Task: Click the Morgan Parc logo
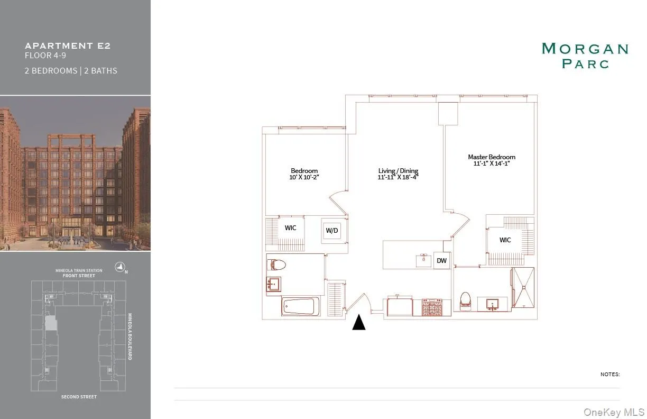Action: [x=585, y=56]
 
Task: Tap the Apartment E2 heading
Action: [x=68, y=45]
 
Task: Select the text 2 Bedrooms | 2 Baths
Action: [x=71, y=70]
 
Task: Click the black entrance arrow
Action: [x=359, y=322]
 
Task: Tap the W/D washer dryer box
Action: [x=331, y=230]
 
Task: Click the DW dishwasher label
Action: [x=442, y=261]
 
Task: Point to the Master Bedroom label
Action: [x=491, y=157]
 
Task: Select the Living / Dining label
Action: [x=398, y=171]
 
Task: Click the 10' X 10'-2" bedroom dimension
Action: [x=304, y=178]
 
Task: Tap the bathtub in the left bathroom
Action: [x=300, y=306]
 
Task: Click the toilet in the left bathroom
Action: [x=277, y=265]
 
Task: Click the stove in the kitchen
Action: [x=432, y=307]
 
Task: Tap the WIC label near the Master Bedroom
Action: [x=505, y=240]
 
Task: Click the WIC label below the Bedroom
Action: [x=290, y=228]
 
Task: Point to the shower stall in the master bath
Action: [x=523, y=288]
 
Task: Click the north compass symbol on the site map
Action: [x=121, y=268]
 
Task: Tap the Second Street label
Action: [x=79, y=397]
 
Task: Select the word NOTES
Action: [x=609, y=375]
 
